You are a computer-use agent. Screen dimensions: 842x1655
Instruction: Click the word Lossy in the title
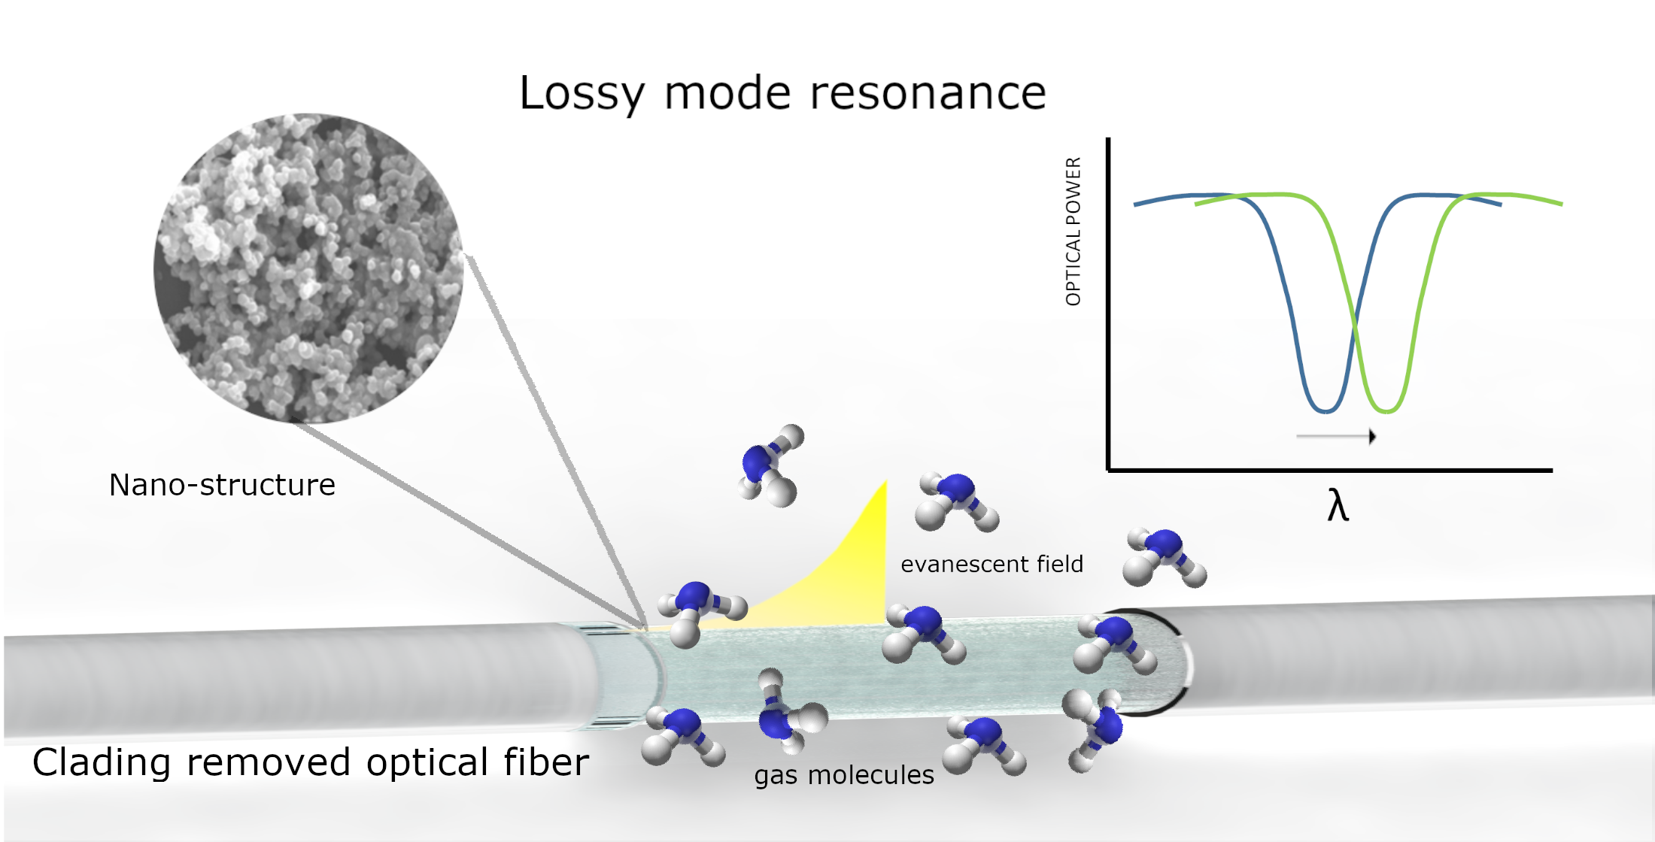pos(581,94)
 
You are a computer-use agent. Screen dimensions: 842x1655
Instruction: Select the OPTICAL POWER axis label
pos(1073,232)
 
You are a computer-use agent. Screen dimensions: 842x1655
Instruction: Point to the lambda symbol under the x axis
pos(1338,505)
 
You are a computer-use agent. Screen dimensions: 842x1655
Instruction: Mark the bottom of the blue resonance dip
pos(1326,410)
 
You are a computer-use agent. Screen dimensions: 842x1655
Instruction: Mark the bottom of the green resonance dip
pos(1386,410)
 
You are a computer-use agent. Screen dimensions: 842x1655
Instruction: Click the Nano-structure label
pos(222,485)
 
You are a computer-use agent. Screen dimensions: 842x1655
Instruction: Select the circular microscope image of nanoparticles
pos(308,268)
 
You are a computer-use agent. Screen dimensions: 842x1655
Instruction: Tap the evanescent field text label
pos(991,564)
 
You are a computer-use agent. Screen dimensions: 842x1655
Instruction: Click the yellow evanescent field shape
pos(843,579)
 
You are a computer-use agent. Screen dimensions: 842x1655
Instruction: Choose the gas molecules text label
pos(844,775)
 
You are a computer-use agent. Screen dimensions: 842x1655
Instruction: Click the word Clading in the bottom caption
pos(102,762)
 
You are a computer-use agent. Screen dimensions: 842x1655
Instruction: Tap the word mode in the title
pos(727,94)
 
